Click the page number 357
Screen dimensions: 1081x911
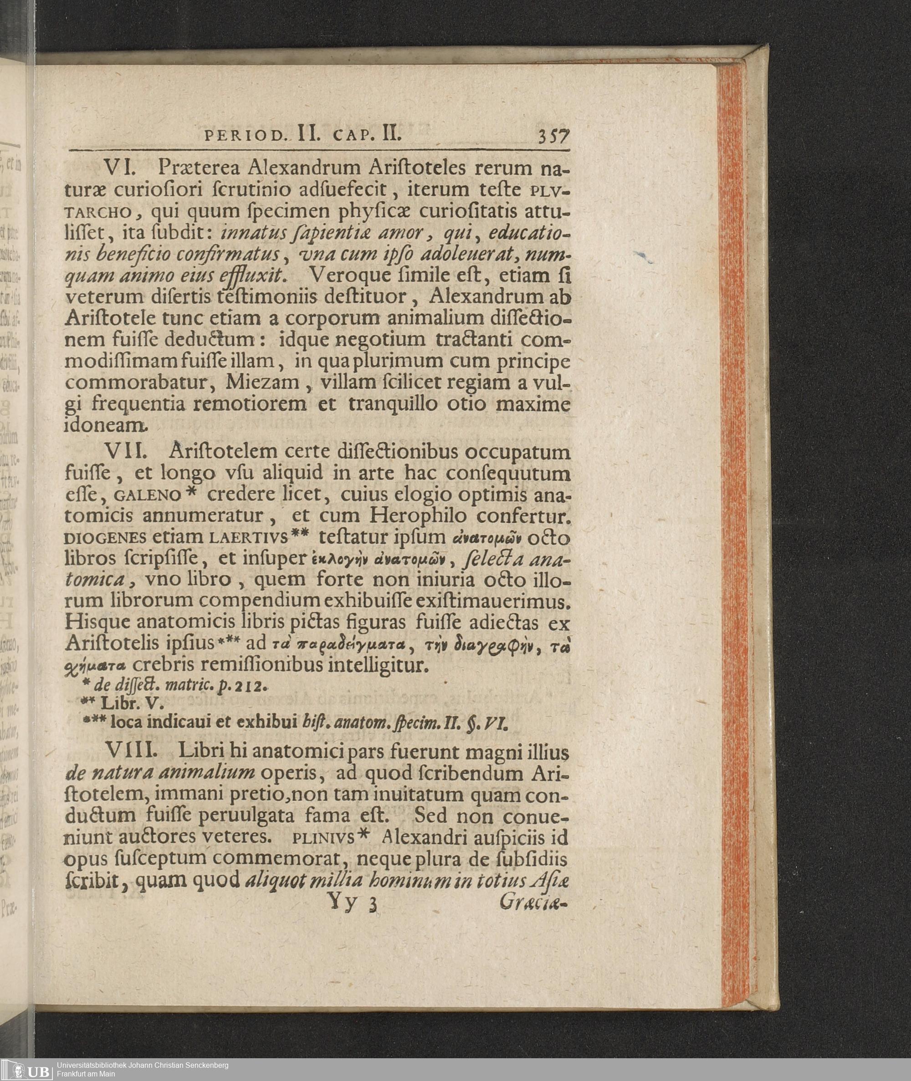click(553, 136)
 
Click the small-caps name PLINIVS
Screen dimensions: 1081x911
click(324, 837)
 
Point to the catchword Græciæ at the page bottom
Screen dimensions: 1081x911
click(533, 903)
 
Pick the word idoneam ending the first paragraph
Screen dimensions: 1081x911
click(105, 425)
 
